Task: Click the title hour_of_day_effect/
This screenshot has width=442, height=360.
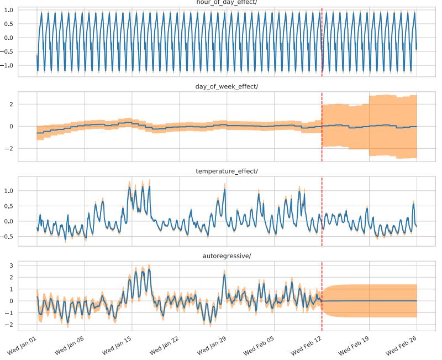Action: click(227, 2)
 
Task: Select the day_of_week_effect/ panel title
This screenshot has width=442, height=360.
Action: click(227, 86)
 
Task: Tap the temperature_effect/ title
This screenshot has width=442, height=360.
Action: click(227, 171)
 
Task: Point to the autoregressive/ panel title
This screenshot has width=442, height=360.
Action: click(227, 256)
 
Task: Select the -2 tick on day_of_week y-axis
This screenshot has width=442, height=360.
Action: click(25, 149)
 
